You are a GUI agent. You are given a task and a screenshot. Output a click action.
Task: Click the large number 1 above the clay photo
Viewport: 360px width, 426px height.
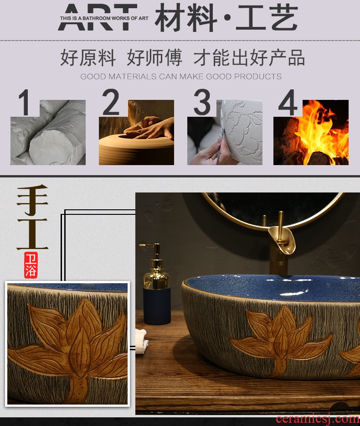point(25,103)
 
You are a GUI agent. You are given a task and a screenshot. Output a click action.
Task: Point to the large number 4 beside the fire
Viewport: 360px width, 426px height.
point(288,103)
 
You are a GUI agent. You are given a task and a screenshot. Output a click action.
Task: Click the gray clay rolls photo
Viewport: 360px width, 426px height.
point(48,133)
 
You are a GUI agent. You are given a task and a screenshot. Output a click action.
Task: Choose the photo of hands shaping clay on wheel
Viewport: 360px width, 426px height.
point(136,133)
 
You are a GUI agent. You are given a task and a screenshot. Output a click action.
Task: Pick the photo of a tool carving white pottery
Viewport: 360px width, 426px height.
point(225,133)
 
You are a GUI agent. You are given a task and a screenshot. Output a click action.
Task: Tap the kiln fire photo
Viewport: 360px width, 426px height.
point(311,133)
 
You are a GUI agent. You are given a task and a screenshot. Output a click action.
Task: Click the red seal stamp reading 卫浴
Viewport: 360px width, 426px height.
point(31,265)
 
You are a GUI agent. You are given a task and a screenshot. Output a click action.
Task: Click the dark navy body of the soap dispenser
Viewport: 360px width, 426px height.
point(157,306)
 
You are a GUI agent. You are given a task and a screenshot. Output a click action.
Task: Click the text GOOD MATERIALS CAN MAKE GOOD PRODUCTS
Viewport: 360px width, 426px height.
point(181,77)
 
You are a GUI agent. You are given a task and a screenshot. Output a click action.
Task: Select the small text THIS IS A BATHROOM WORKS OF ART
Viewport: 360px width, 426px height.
point(104,19)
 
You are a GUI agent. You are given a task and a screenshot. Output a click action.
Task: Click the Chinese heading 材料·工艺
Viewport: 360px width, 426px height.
point(226,18)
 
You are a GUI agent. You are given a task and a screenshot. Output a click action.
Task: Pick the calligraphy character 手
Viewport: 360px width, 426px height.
point(32,199)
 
